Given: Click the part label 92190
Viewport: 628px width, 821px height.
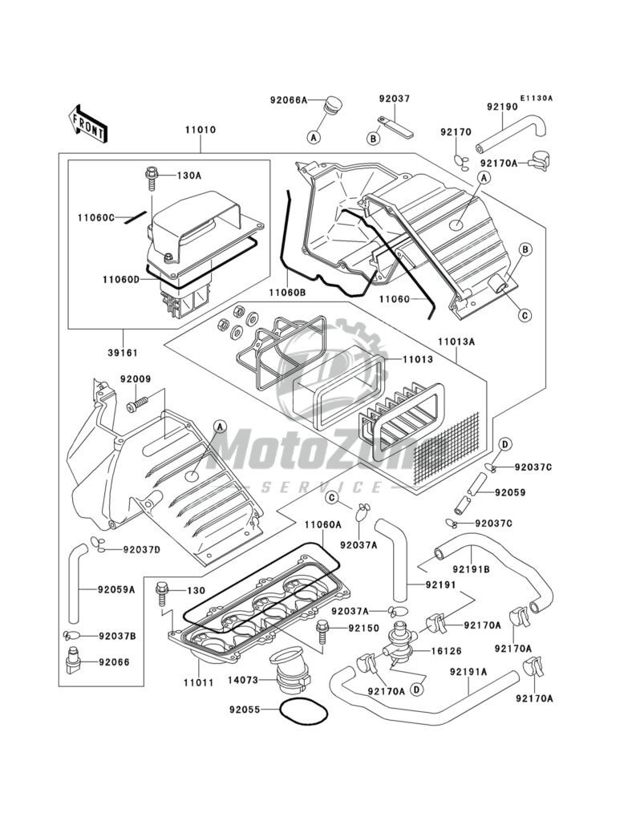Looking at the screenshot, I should [502, 105].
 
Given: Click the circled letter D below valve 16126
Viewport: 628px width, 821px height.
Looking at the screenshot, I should [417, 688].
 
